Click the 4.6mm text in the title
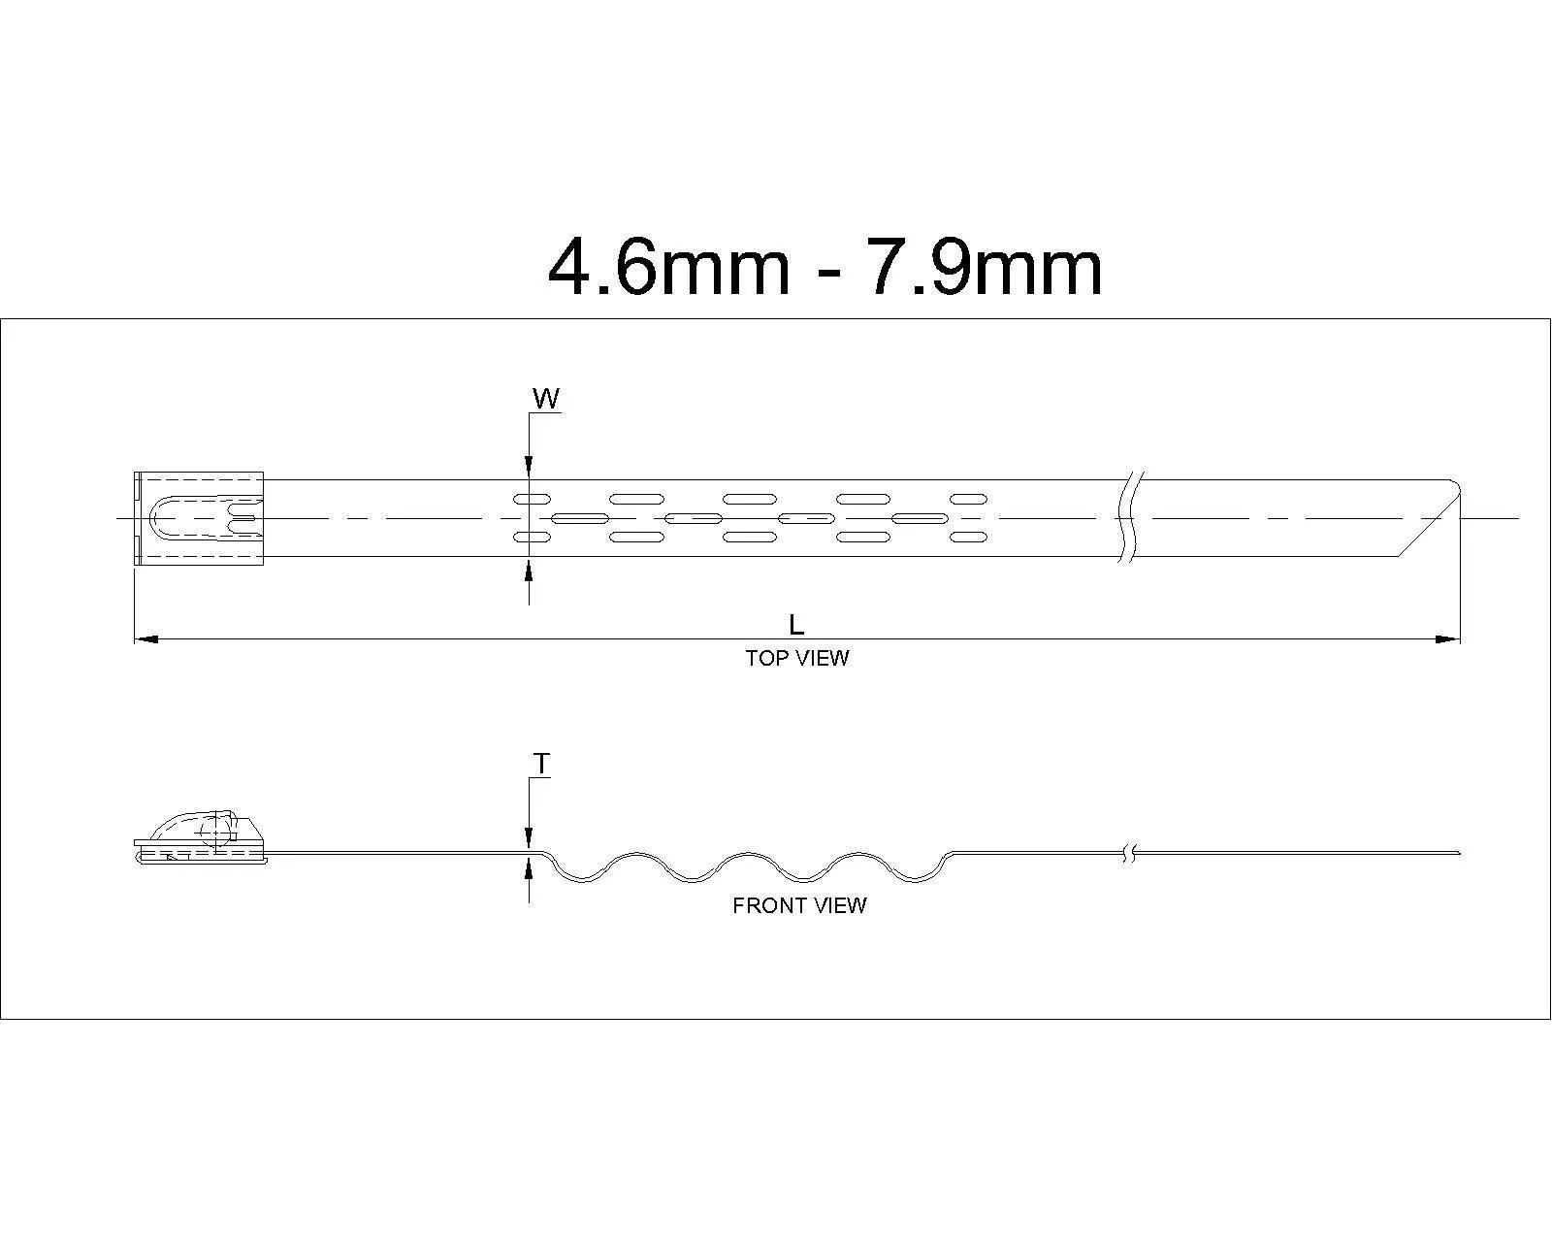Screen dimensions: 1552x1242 coord(669,268)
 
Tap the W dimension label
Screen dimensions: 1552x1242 coord(546,399)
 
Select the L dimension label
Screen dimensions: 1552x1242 coord(796,625)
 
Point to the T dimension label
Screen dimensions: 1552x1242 coord(541,763)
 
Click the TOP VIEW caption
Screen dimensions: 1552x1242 coord(797,658)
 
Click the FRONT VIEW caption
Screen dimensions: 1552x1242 coord(799,905)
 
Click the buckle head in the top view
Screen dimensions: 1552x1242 coord(199,518)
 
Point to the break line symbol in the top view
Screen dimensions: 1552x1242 coord(1130,517)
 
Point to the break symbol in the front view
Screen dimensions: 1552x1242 coord(1129,854)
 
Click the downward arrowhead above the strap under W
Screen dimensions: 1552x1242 coord(530,467)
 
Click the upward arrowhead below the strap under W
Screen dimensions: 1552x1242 coord(530,570)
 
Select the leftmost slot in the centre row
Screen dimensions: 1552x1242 coord(580,517)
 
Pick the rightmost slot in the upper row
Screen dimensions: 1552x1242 coord(968,499)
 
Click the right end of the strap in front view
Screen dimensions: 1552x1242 coord(1460,853)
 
